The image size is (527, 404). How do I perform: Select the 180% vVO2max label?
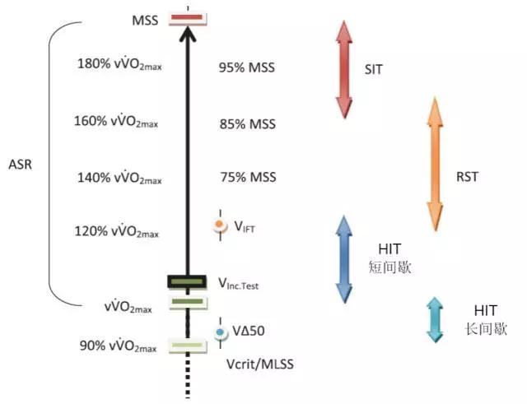119,64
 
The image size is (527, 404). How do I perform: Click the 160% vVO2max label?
116,123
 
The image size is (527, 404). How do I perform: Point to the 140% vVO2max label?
116,177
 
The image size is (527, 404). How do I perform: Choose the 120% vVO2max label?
116,231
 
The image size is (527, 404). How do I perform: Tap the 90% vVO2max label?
119,345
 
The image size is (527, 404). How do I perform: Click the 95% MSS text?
247,67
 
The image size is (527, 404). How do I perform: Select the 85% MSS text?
247,124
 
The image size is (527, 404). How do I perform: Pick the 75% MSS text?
247,177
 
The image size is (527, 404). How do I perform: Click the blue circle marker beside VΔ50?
220,333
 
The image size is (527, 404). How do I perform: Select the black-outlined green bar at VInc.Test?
187,282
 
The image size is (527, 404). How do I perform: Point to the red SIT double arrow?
343,67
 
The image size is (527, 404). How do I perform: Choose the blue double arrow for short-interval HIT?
343,259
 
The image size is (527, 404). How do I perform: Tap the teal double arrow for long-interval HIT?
434,320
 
